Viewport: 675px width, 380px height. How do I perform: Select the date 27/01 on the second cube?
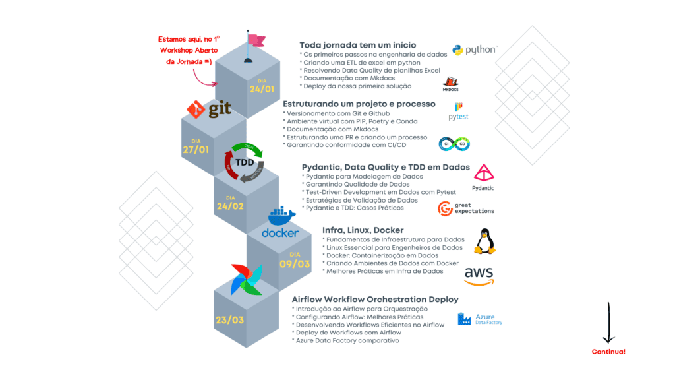tap(195, 150)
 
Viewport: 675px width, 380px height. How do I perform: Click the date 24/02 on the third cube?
tap(230, 206)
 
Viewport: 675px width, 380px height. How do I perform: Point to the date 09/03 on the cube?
tap(294, 263)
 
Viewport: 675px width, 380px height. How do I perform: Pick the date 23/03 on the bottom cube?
tap(229, 321)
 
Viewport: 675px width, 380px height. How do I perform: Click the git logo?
tap(209, 109)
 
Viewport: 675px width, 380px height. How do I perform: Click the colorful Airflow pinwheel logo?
tap(245, 280)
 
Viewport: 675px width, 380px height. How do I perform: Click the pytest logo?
tap(459, 111)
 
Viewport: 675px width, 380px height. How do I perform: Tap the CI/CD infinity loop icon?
tap(454, 144)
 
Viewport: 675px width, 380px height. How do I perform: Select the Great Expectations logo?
tap(466, 209)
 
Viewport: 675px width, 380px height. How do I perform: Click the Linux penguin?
tap(486, 241)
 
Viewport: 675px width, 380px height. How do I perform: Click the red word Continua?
tap(608, 352)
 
